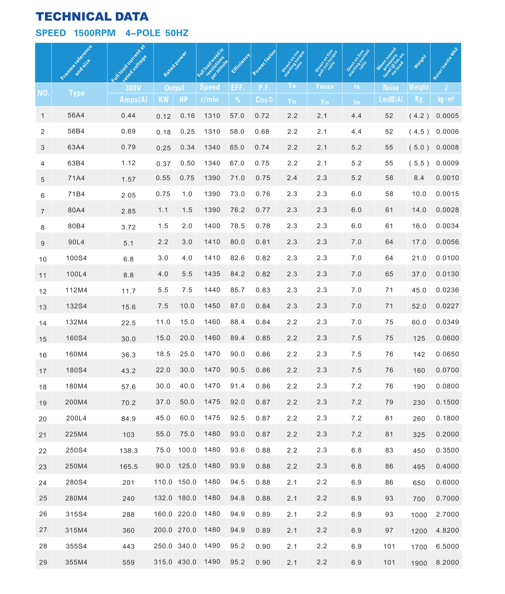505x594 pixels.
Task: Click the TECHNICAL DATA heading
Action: tap(92, 17)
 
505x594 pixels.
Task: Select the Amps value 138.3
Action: tap(129, 451)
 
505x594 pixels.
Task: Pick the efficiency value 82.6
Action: tap(237, 258)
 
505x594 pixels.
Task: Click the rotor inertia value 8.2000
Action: tap(447, 562)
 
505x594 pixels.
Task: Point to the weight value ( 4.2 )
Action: tap(419, 116)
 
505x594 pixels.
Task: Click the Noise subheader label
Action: tap(391, 88)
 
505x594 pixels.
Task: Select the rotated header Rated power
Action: tap(175, 64)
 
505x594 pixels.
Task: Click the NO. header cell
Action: tap(44, 93)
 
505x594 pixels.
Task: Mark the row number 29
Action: tap(43, 562)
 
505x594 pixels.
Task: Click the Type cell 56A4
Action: tap(76, 115)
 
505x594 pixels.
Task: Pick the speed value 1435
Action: tap(212, 274)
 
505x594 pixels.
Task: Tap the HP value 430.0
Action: tap(187, 562)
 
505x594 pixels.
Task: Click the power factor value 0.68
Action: tap(262, 131)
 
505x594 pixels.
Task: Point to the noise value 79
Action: tap(389, 402)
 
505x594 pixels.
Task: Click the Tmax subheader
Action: tap(325, 87)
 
